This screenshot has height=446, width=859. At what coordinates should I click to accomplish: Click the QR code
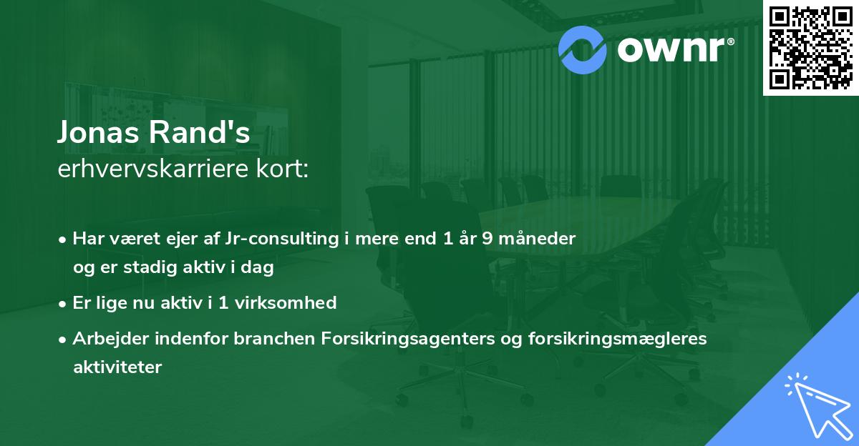[810, 47]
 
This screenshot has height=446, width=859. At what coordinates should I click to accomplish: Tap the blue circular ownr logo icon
[582, 48]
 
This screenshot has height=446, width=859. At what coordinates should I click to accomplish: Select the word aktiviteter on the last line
[117, 367]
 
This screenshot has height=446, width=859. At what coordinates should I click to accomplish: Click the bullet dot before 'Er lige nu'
[64, 303]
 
